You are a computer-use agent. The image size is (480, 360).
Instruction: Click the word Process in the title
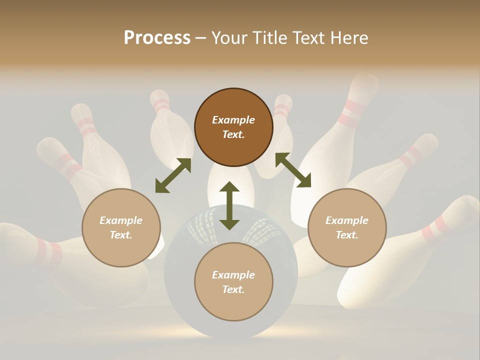pos(157,37)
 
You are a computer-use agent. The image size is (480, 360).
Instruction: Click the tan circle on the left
pos(121,227)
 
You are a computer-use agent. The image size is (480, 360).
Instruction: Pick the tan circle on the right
pos(347,227)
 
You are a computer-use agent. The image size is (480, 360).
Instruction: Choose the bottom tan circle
pos(233,282)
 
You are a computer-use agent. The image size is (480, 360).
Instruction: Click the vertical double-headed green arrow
pos(229,205)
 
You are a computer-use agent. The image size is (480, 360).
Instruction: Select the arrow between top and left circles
pos(173,175)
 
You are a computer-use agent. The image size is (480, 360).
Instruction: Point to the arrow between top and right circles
pos(293,170)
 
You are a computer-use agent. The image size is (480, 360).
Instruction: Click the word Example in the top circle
pos(233,120)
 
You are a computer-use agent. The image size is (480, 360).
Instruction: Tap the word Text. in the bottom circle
pos(233,289)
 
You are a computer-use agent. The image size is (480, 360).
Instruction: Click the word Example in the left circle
pos(121,220)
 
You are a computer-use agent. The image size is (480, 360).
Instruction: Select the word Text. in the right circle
pos(347,235)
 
